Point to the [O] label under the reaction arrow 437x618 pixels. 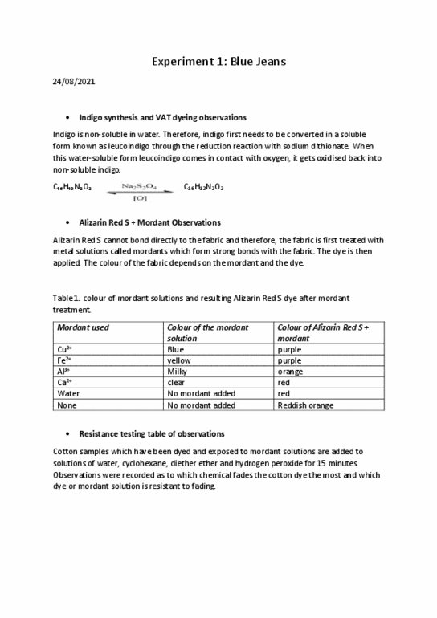(x=139, y=197)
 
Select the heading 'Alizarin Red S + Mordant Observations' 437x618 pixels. (x=150, y=222)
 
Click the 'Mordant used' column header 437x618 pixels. (x=82, y=328)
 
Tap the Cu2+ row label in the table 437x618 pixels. (x=64, y=350)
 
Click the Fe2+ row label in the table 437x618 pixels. (x=63, y=361)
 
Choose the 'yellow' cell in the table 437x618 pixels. (x=178, y=361)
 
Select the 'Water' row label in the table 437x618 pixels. (x=66, y=394)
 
